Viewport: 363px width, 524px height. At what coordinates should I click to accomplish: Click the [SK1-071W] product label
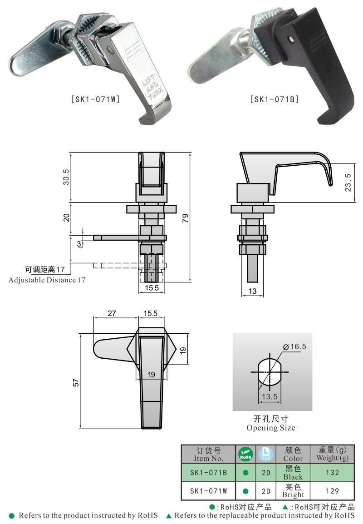pyautogui.click(x=95, y=99)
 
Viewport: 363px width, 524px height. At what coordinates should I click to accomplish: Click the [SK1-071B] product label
pyautogui.click(x=275, y=99)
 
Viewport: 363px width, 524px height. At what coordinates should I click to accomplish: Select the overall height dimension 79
pyautogui.click(x=185, y=218)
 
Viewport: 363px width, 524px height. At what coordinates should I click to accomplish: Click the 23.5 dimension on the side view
pyautogui.click(x=348, y=182)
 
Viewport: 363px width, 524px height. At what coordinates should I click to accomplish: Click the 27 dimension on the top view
pyautogui.click(x=112, y=313)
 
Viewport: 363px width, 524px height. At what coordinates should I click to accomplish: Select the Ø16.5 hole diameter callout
pyautogui.click(x=295, y=346)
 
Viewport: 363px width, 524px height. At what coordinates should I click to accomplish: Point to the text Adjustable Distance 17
pyautogui.click(x=47, y=280)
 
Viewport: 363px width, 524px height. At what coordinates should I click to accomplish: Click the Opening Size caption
pyautogui.click(x=271, y=428)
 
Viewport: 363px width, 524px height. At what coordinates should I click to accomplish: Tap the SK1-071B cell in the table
pyautogui.click(x=208, y=472)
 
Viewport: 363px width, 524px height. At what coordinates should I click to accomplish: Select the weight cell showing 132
pyautogui.click(x=332, y=472)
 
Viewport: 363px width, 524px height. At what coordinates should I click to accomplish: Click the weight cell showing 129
pyautogui.click(x=332, y=491)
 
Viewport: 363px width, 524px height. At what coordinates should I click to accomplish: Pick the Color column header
pyautogui.click(x=293, y=454)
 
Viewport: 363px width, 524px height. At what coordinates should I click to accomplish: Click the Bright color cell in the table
pyautogui.click(x=293, y=491)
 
